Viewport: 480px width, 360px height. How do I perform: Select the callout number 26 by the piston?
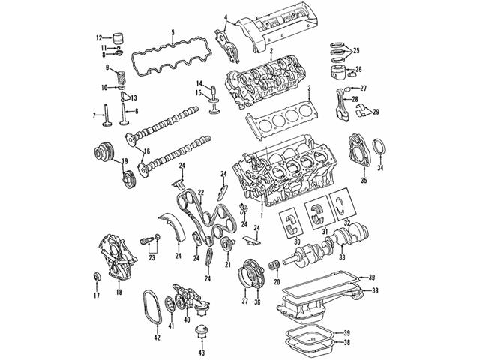point(358,69)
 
